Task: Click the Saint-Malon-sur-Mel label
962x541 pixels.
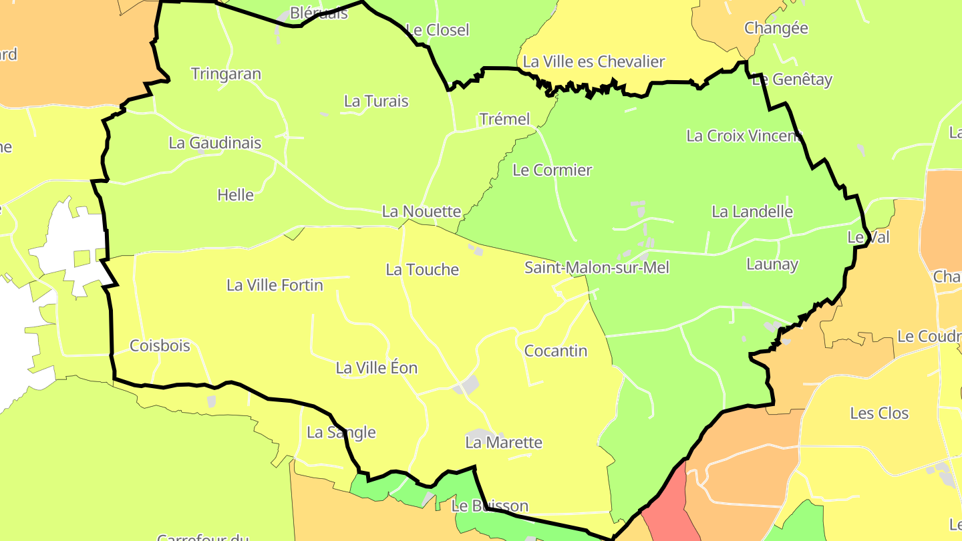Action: pyautogui.click(x=597, y=268)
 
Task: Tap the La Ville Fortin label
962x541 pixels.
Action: pyautogui.click(x=275, y=285)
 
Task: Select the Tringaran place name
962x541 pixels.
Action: pyautogui.click(x=226, y=73)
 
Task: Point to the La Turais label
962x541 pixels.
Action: pyautogui.click(x=376, y=101)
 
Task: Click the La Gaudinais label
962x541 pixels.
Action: pyautogui.click(x=214, y=142)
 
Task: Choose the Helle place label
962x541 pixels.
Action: pyautogui.click(x=235, y=195)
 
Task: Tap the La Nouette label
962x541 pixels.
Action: pyautogui.click(x=422, y=212)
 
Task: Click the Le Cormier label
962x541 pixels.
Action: pyautogui.click(x=552, y=170)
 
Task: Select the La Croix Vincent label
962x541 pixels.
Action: pyautogui.click(x=744, y=136)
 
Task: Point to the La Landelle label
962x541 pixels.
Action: pyautogui.click(x=752, y=212)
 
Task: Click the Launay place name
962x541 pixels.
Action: pyautogui.click(x=772, y=264)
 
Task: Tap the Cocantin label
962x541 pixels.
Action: pyautogui.click(x=556, y=351)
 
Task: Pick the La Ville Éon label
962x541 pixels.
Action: pyautogui.click(x=377, y=367)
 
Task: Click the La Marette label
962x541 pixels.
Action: pyautogui.click(x=504, y=442)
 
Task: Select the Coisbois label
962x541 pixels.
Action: pyautogui.click(x=160, y=345)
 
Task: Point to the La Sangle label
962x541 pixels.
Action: pyautogui.click(x=341, y=432)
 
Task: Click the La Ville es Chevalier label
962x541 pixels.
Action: pyautogui.click(x=594, y=61)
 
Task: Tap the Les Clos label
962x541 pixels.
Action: pyautogui.click(x=879, y=413)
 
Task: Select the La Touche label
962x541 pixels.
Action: pyautogui.click(x=422, y=269)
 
